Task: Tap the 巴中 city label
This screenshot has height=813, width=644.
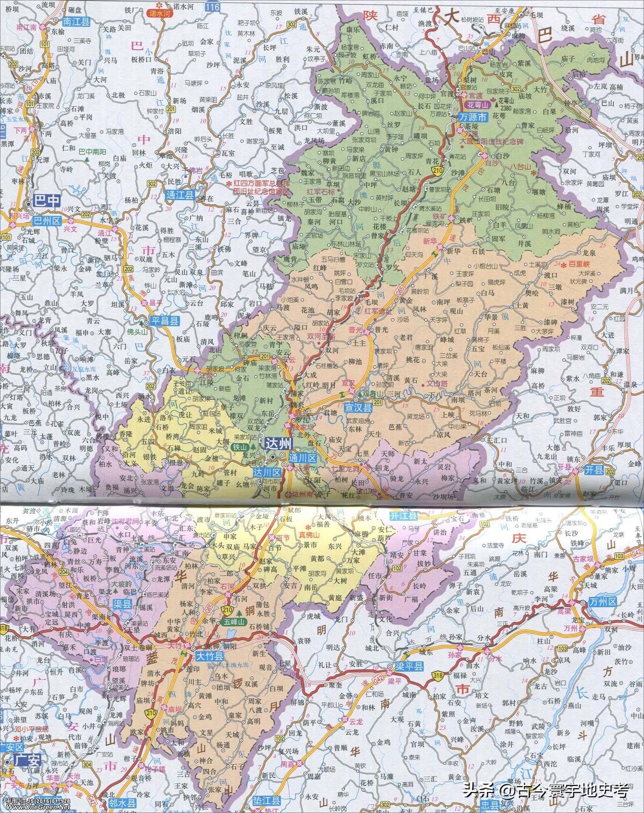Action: [47, 200]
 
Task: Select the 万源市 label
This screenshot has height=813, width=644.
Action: [473, 118]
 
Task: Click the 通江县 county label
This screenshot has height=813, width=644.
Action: [179, 195]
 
